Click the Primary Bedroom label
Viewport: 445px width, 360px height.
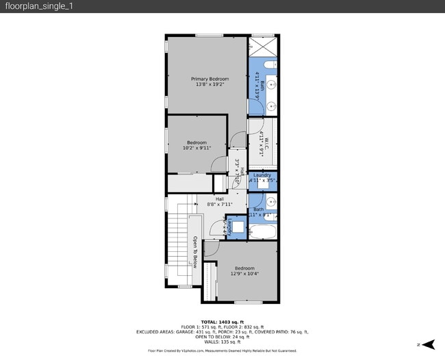tap(209, 79)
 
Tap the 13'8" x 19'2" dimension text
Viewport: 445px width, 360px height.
tap(209, 85)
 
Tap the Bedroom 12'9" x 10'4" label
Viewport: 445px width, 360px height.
tap(244, 268)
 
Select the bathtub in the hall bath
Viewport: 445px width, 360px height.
tap(262, 232)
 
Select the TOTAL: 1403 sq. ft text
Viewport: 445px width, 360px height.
tap(222, 321)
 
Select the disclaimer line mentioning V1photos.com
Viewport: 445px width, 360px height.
tap(222, 350)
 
